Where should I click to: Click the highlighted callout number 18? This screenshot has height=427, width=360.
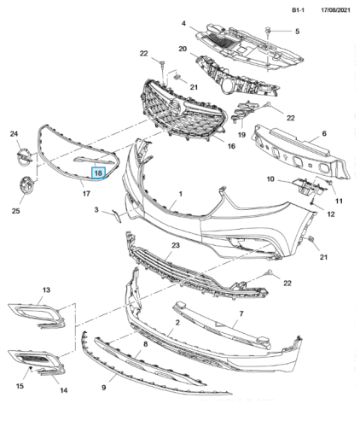tap(98, 173)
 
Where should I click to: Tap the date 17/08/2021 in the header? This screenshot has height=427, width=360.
tap(335, 10)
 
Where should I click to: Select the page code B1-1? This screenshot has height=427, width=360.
tap(299, 10)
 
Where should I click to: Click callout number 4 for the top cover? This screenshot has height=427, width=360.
tap(183, 23)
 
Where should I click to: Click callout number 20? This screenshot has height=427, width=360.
tap(183, 49)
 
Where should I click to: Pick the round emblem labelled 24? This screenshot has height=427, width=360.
tap(24, 157)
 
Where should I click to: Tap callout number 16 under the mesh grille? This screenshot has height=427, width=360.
tap(231, 146)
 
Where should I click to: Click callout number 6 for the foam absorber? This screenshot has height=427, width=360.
tap(324, 133)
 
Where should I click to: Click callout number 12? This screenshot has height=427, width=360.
tap(331, 213)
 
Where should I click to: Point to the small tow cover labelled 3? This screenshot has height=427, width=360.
tap(117, 216)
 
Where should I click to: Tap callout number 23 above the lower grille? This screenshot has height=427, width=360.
tap(176, 245)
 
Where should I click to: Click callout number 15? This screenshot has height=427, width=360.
tap(20, 386)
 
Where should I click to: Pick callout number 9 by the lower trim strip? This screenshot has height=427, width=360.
tap(103, 388)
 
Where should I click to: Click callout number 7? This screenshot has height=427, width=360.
tap(241, 313)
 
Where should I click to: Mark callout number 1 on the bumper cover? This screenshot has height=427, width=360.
tap(180, 194)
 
